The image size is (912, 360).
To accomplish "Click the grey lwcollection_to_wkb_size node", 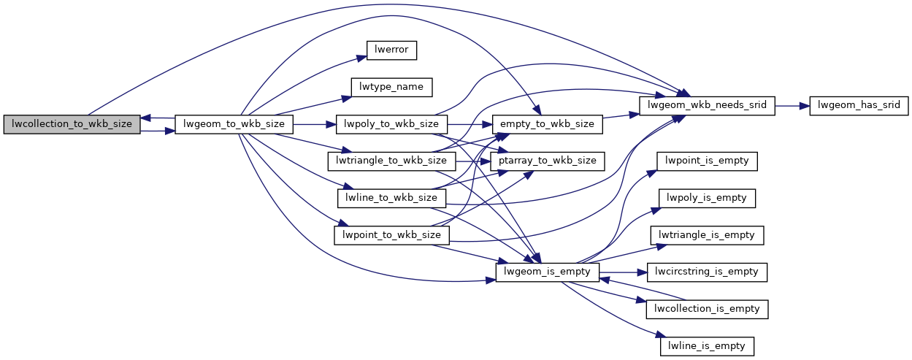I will point(71,124).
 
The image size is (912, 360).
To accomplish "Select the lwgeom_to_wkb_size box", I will point(234,124).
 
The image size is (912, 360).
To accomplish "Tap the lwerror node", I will point(391,50).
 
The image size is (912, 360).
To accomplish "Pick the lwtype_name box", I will point(391,87).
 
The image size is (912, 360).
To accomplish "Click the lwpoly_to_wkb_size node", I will point(391,124).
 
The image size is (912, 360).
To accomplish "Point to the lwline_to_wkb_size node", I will point(391,198).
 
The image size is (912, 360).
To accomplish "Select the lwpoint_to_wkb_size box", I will point(391,235).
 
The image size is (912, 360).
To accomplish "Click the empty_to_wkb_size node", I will point(548,124).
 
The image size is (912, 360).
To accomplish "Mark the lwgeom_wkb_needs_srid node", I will point(706,105).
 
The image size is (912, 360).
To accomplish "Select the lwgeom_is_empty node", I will point(548,272).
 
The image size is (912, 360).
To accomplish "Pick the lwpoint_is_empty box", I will point(706,161).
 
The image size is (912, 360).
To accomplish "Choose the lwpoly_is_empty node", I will point(706,198).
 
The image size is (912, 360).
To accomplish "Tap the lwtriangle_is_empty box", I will point(706,235).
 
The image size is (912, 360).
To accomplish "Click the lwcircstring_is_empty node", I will point(706,272).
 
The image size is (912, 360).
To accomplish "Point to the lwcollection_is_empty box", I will point(706,308).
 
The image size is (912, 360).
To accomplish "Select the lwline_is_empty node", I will point(706,345).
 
